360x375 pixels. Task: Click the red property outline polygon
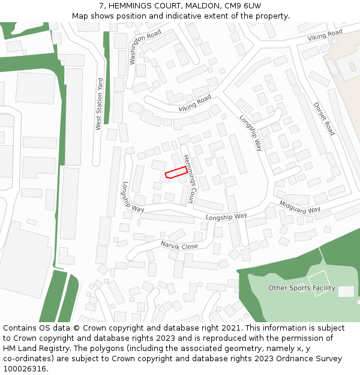point(175,172)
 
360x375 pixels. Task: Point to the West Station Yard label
point(99,104)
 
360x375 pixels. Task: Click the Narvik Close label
point(179,245)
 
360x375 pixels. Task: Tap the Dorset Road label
point(324,118)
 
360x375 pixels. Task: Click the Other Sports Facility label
point(301,288)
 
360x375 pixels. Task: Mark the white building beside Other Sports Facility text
point(346,292)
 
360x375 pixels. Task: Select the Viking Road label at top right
point(325,35)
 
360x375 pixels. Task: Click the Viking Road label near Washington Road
point(195,103)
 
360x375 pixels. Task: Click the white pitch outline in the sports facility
point(319,282)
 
